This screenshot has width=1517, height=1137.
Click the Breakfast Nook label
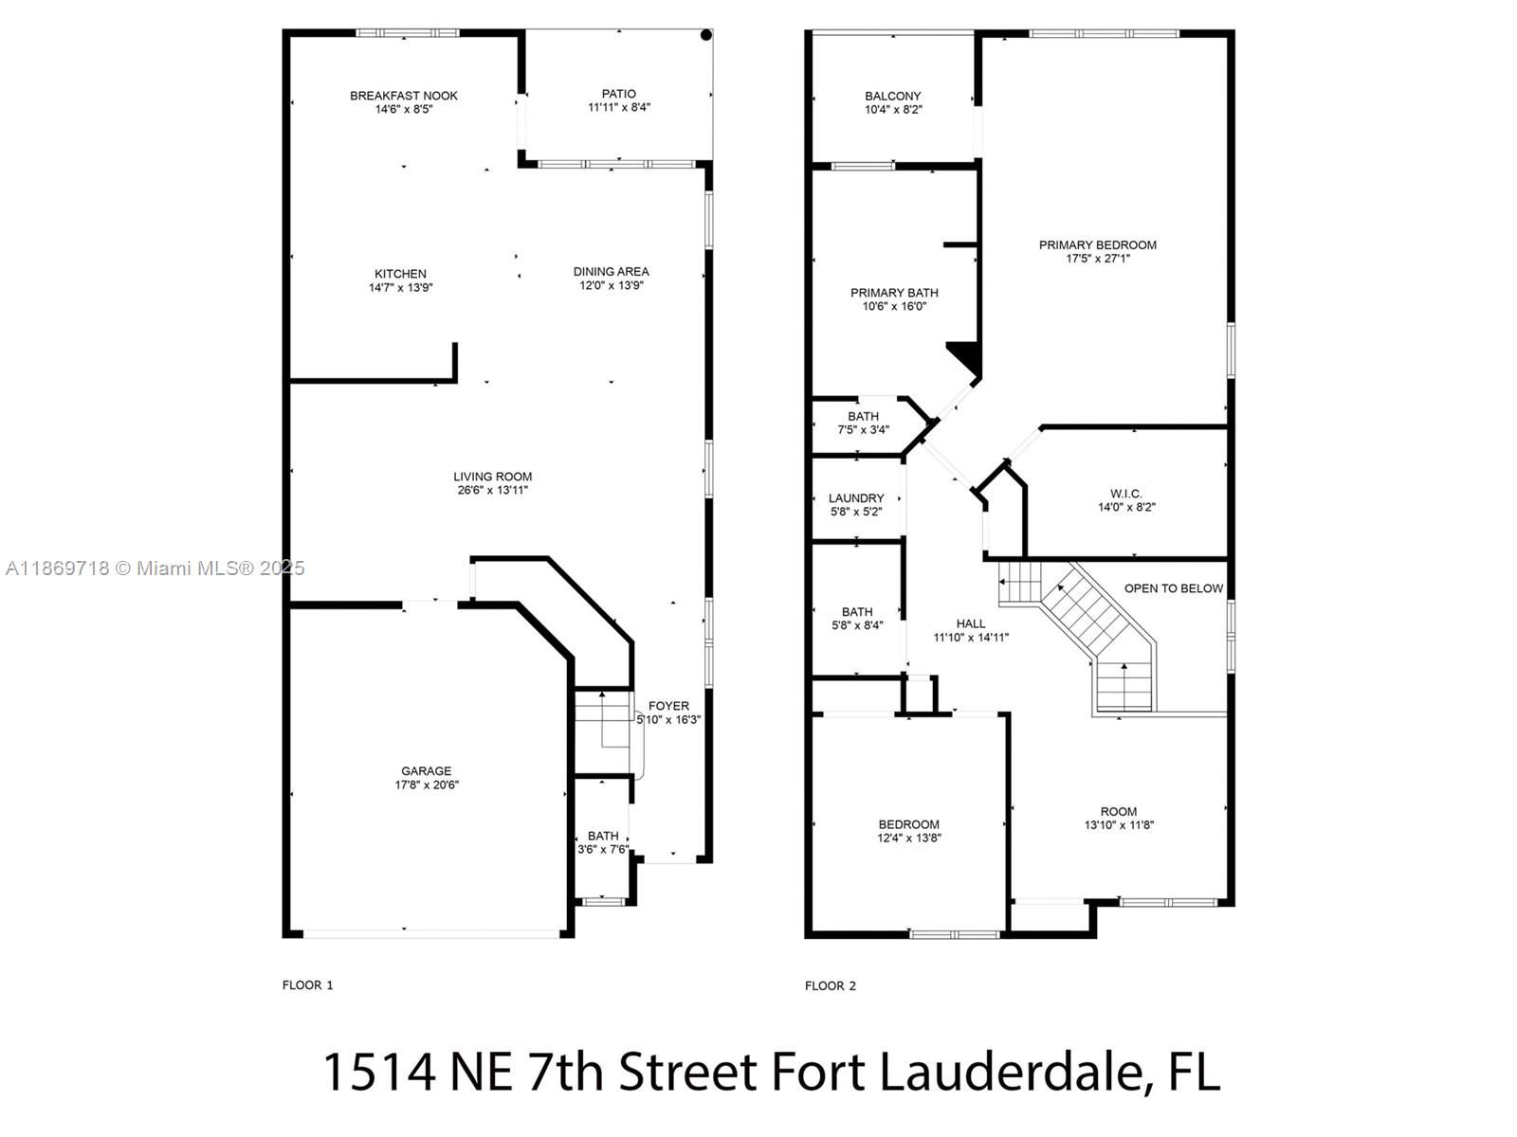coord(404,96)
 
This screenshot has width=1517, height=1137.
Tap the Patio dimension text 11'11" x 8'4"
coord(619,108)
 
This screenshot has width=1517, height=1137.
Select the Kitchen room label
coord(400,274)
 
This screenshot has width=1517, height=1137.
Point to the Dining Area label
coord(612,272)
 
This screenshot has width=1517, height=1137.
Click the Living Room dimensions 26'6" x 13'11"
coord(492,491)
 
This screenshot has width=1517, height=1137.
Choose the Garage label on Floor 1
coord(426,771)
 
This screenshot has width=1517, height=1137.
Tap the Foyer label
coord(668,706)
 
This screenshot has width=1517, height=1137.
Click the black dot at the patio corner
coord(705,35)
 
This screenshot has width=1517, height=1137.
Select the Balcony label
coord(893,96)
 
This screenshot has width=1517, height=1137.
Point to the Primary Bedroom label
coord(1098,244)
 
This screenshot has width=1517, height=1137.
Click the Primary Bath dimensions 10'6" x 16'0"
coord(894,307)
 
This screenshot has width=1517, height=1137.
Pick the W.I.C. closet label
coord(1126,494)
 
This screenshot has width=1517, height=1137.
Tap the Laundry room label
coord(856,498)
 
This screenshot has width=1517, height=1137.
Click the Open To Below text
coord(1174,588)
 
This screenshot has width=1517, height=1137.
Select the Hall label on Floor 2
coord(971,623)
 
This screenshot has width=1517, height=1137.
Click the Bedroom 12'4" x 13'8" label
coord(908,824)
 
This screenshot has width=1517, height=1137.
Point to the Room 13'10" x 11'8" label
coord(1119,811)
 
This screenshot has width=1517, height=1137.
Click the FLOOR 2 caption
coord(831,985)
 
